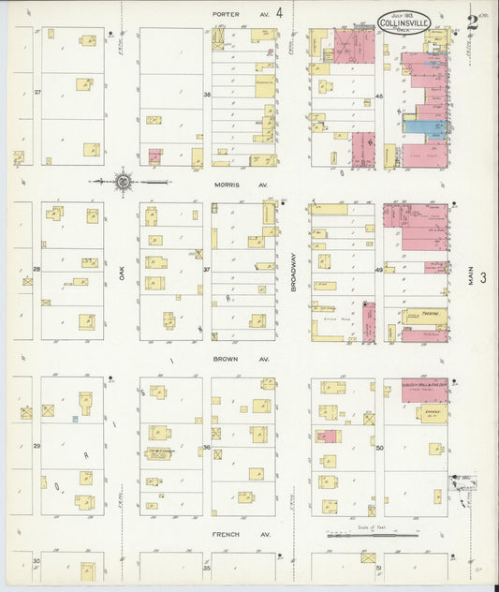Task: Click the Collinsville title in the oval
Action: pos(404,22)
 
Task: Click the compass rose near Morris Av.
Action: pos(123,181)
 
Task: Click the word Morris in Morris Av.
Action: pos(225,185)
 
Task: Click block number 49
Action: pos(379,270)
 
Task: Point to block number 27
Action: pos(37,92)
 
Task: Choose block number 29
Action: pos(37,446)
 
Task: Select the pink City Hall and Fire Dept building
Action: pos(424,389)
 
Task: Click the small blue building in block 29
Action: pos(74,419)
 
